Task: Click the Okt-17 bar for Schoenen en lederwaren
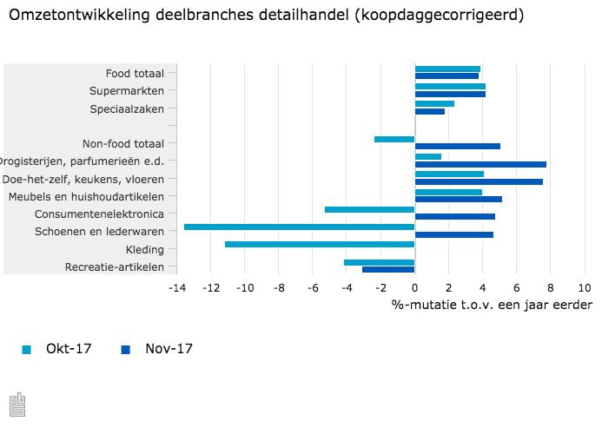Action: click(300, 227)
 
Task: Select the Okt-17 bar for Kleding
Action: click(320, 244)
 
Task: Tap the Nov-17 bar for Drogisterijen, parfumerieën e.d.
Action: click(480, 164)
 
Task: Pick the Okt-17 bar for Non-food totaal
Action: click(394, 139)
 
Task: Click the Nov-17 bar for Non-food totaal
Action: click(458, 147)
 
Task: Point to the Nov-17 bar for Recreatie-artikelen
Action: click(388, 270)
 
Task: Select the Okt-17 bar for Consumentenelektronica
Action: click(369, 209)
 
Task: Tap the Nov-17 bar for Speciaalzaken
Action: click(430, 111)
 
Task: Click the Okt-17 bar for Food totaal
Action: click(447, 69)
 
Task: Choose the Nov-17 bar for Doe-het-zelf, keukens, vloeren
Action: click(479, 181)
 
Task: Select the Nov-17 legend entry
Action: click(157, 349)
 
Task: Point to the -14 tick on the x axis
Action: click(177, 288)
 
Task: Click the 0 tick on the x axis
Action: click(414, 288)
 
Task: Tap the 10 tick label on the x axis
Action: click(584, 288)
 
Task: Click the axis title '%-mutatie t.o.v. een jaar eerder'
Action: click(491, 305)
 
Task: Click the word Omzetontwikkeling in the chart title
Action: click(72, 16)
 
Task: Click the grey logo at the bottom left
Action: click(17, 404)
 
